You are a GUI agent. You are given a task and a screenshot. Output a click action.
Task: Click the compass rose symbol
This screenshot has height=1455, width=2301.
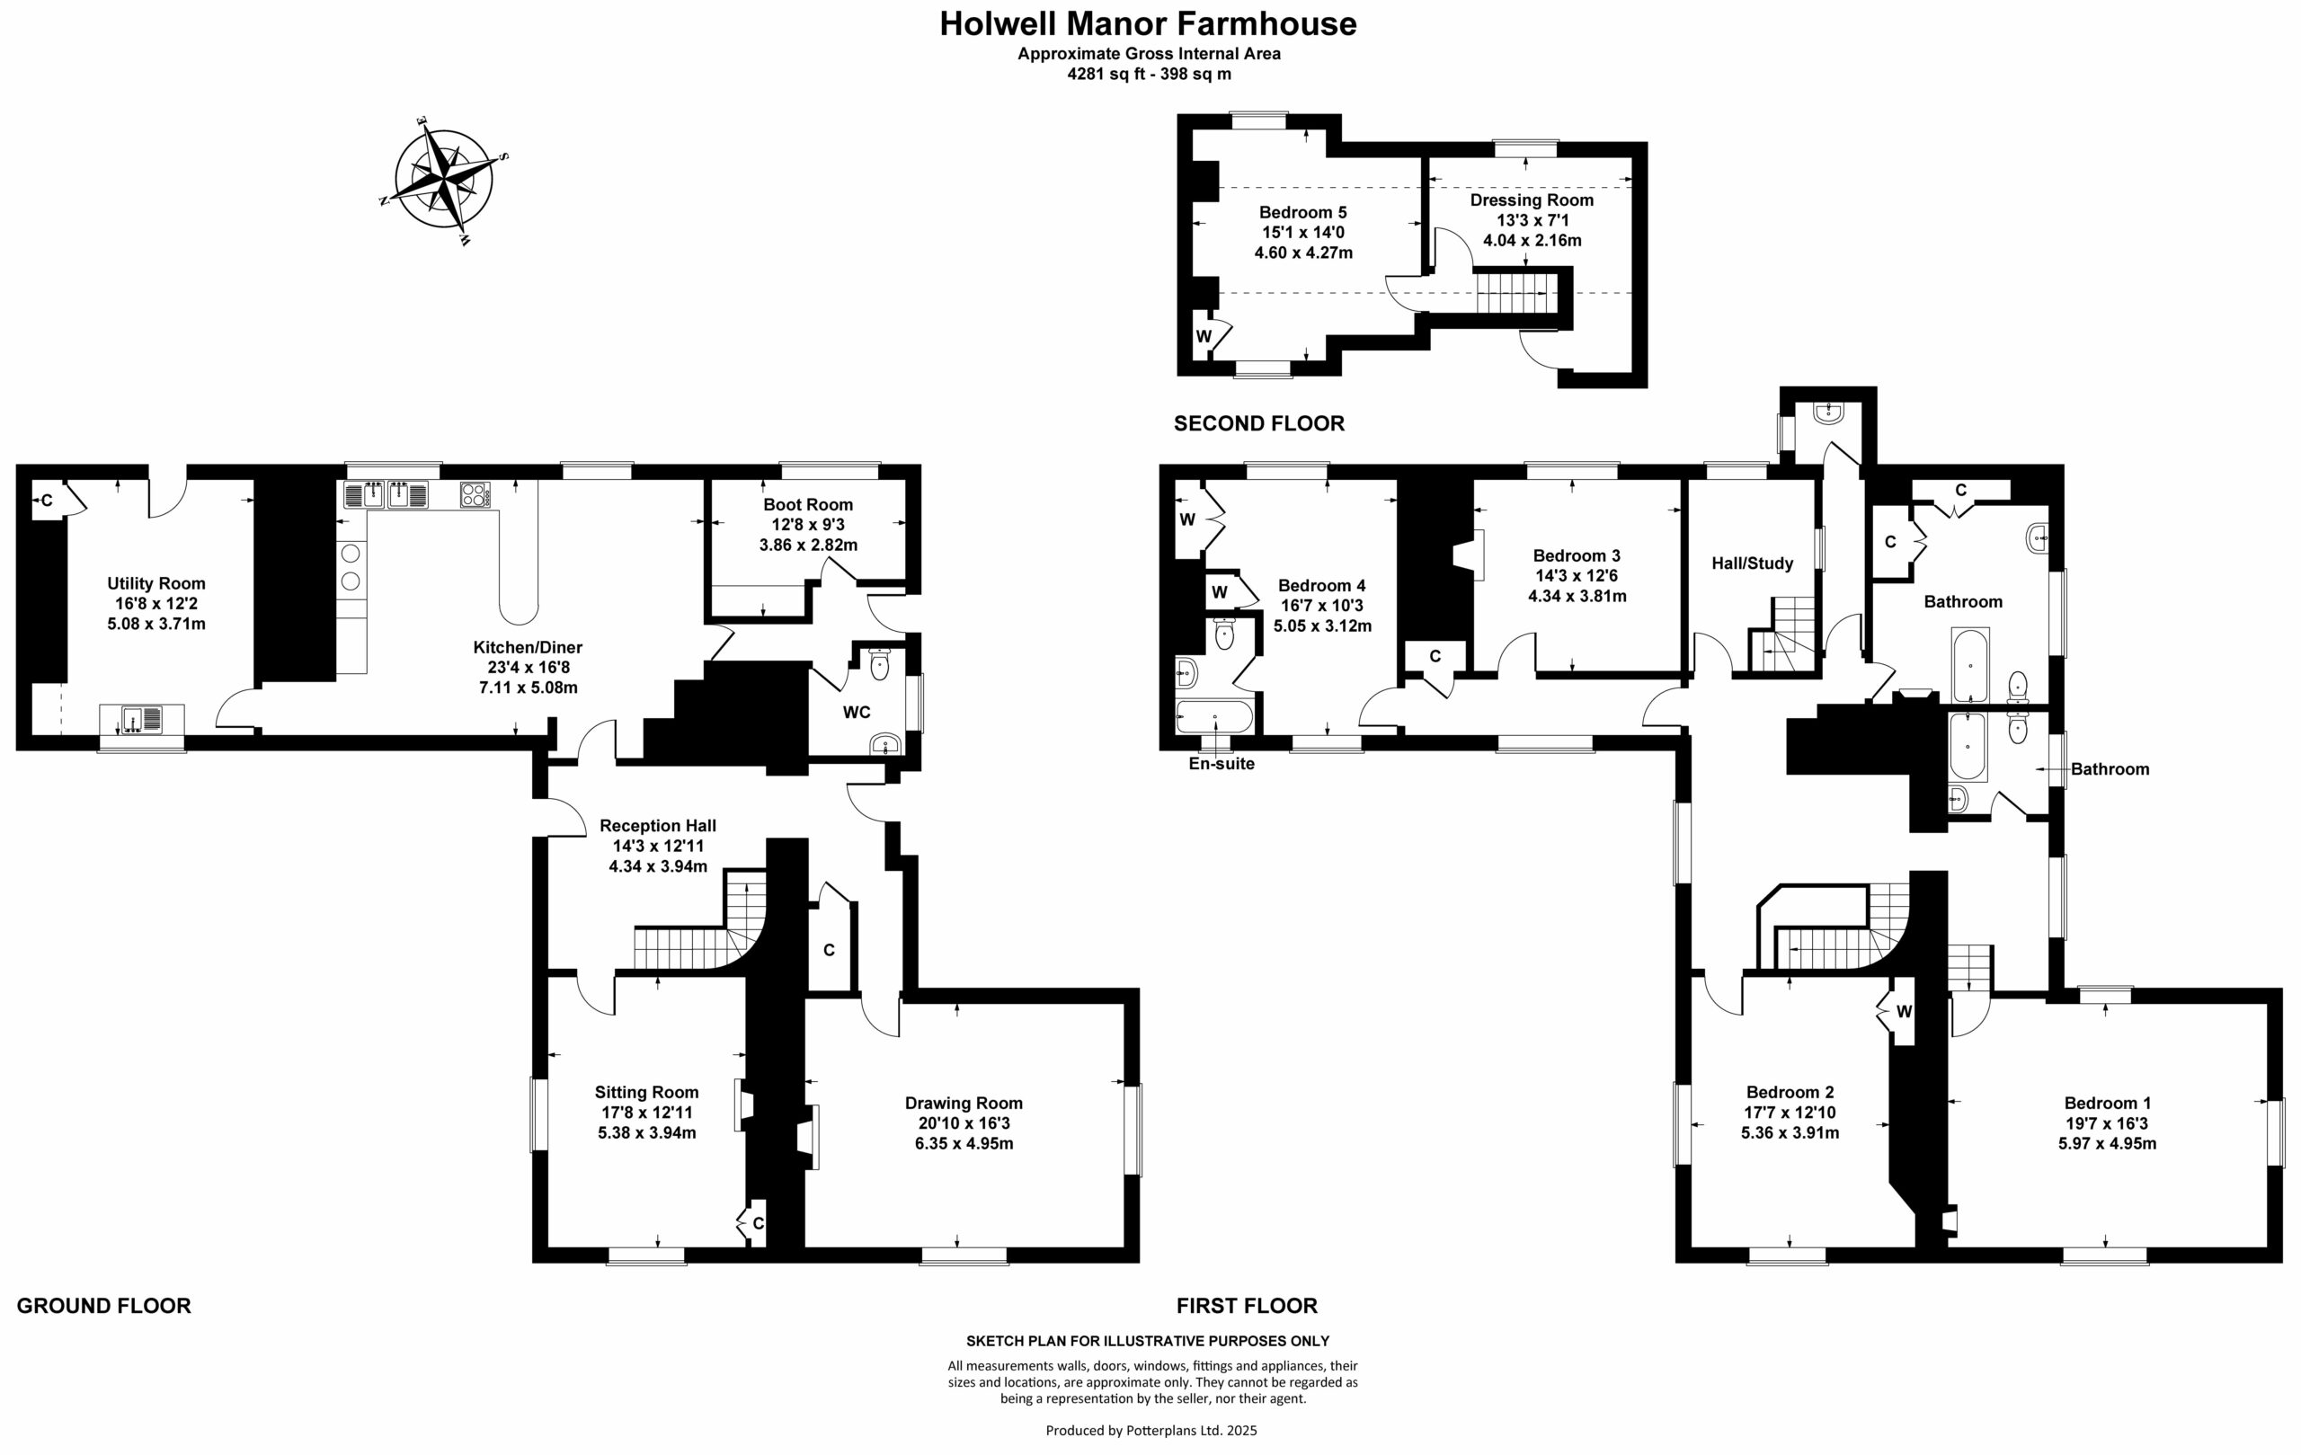[x=443, y=179]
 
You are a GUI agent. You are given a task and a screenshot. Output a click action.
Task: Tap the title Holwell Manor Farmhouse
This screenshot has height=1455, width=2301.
[x=1148, y=24]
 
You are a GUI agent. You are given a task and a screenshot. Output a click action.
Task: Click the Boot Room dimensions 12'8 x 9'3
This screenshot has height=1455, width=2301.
[x=807, y=525]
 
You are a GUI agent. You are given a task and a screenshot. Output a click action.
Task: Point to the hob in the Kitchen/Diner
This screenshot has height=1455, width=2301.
[x=475, y=495]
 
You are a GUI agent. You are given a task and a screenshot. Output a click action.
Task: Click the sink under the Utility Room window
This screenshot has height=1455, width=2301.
[x=141, y=717]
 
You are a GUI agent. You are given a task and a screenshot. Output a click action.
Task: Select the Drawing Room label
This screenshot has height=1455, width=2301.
[x=964, y=1104]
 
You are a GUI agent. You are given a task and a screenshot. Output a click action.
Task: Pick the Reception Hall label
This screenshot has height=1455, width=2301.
[x=657, y=825]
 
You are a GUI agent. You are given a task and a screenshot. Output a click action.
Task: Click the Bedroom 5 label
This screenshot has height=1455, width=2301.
[x=1302, y=212]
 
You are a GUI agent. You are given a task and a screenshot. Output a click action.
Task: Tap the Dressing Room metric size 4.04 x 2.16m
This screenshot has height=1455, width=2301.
[x=1532, y=241]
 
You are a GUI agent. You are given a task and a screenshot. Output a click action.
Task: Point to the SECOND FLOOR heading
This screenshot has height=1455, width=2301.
[x=1258, y=423]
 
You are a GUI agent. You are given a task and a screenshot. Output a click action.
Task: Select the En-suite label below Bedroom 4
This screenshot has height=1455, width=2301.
[x=1222, y=764]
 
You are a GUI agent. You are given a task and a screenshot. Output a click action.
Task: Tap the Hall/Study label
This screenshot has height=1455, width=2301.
[x=1752, y=563]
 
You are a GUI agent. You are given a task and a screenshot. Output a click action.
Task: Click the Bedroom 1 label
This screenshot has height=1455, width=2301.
[x=2107, y=1104]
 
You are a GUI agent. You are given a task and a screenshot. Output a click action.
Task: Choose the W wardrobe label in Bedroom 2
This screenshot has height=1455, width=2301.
[x=1904, y=1012]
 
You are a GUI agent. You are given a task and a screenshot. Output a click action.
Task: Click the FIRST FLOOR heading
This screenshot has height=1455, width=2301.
[x=1246, y=1306]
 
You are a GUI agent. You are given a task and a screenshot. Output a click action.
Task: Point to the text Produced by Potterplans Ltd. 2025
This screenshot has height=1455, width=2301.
[x=1150, y=1430]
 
